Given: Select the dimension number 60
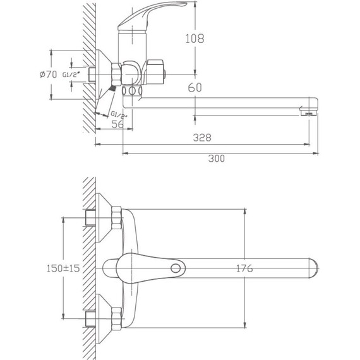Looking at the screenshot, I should point(195,88).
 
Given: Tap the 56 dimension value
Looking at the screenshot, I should point(117,124).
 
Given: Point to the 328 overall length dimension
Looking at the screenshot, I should point(202,137).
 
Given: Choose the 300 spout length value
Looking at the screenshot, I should point(216,159).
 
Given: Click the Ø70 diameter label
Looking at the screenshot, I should point(48,75).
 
